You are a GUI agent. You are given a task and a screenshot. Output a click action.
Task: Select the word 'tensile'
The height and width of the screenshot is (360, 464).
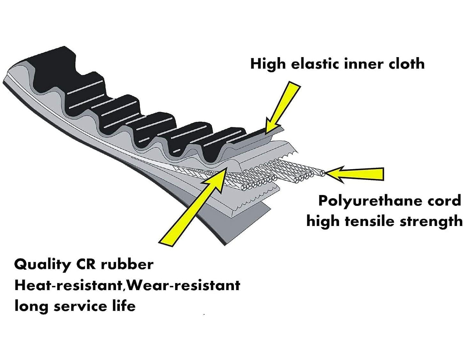point(373,221)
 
